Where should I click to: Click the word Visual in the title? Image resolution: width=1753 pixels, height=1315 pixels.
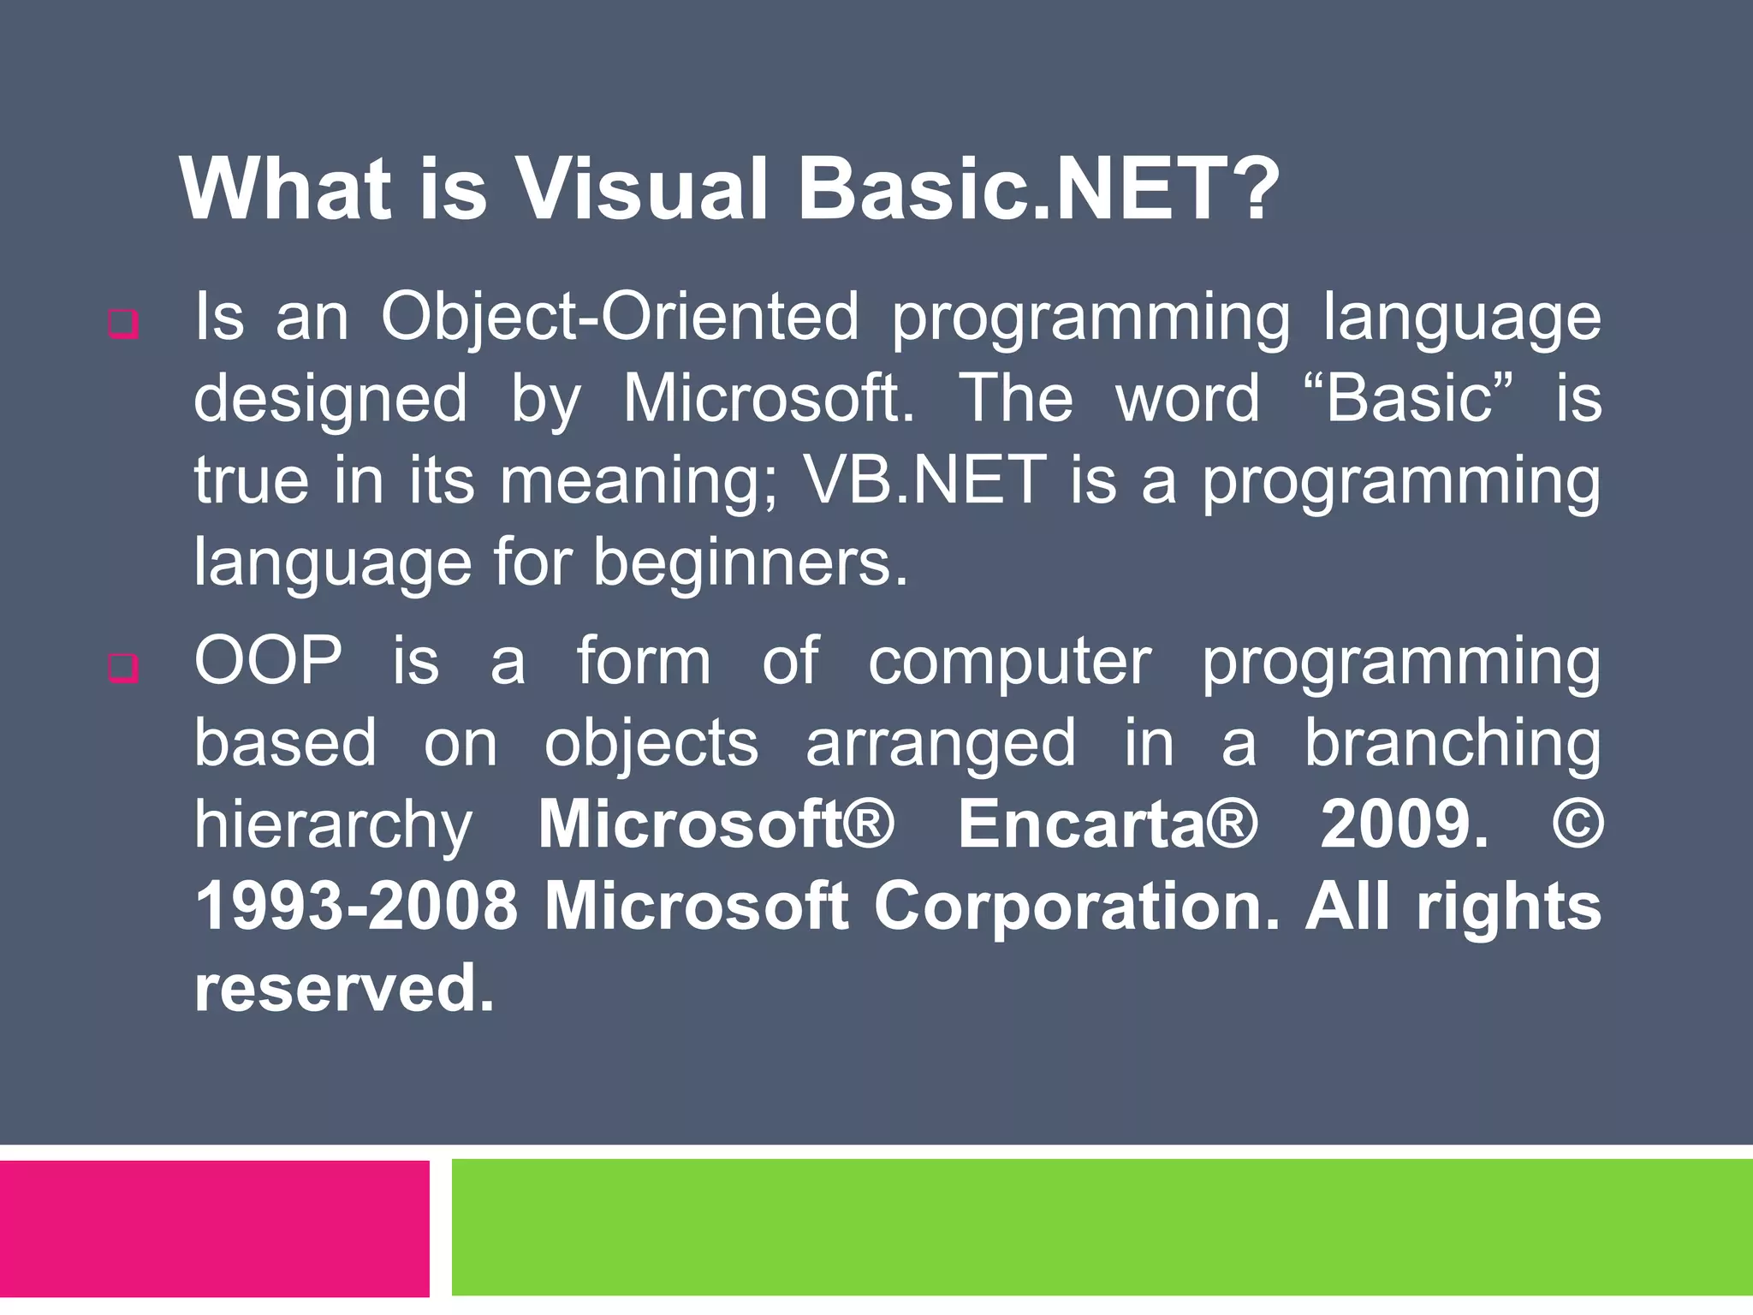pyautogui.click(x=642, y=190)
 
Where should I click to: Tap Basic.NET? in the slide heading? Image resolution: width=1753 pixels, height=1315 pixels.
pyautogui.click(x=1037, y=190)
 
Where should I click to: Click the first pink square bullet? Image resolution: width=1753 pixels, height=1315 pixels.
pyautogui.click(x=123, y=324)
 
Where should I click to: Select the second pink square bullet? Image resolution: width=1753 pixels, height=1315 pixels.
pyautogui.click(x=123, y=669)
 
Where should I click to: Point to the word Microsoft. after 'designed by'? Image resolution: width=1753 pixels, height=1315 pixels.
pyautogui.click(x=768, y=399)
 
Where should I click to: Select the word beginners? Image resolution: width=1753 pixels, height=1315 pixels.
pyautogui.click(x=750, y=563)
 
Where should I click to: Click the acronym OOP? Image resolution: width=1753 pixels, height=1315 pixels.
pyautogui.click(x=268, y=661)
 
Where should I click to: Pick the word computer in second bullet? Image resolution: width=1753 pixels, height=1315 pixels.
pyautogui.click(x=1010, y=663)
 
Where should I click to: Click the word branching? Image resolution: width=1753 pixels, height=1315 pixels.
pyautogui.click(x=1452, y=744)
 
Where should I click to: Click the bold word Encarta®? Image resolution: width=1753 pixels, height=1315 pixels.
pyautogui.click(x=1107, y=824)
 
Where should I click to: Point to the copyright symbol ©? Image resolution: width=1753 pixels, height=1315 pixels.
pyautogui.click(x=1577, y=824)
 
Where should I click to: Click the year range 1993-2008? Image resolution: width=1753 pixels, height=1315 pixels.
pyautogui.click(x=357, y=907)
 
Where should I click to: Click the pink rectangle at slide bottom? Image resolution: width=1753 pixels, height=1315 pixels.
pyautogui.click(x=214, y=1228)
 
